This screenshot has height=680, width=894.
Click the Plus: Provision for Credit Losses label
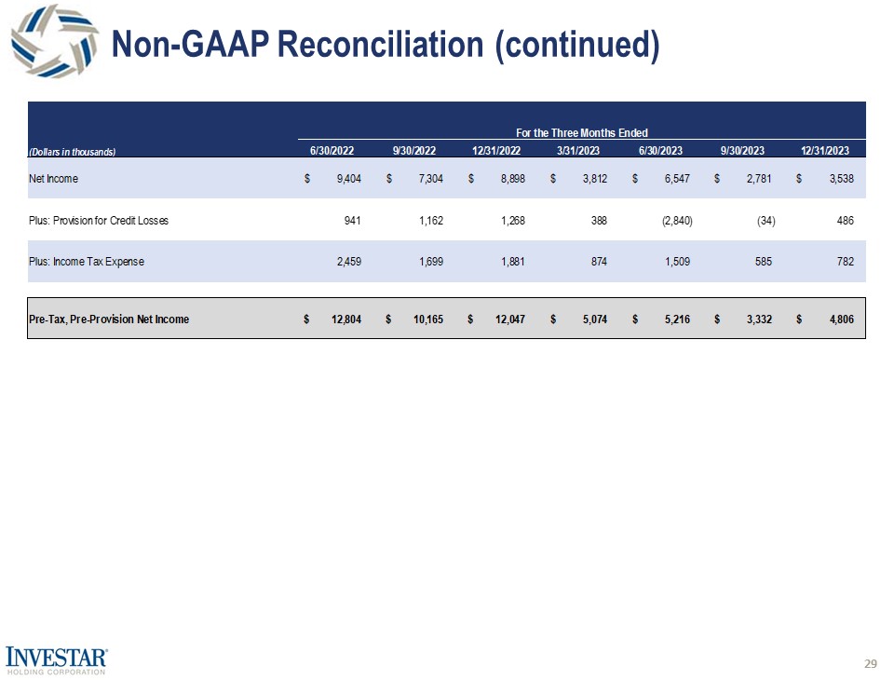point(99,221)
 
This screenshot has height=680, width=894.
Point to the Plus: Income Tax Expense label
point(87,262)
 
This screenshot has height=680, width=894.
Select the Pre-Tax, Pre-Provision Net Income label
point(109,320)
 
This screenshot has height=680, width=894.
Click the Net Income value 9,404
point(348,179)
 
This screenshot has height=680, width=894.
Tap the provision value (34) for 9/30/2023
point(766,221)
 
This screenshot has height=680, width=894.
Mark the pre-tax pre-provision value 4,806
point(841,320)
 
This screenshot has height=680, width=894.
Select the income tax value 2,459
point(347,262)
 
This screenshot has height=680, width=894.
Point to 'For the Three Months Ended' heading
point(582,133)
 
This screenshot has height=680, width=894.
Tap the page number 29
point(871,663)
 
